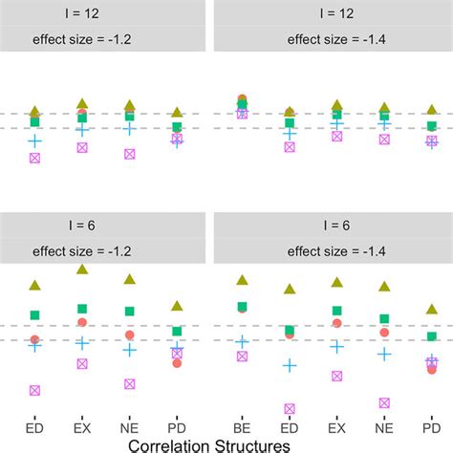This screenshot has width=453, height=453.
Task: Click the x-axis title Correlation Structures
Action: pos(226,443)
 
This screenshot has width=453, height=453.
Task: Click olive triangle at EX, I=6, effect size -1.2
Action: pos(82,270)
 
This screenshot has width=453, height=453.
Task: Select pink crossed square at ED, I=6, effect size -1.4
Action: pos(290,408)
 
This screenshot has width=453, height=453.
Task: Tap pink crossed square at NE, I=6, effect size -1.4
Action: pos(384,402)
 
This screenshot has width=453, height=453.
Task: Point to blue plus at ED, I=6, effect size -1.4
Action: pos(290,365)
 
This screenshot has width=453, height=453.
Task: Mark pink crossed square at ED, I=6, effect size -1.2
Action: pos(35,390)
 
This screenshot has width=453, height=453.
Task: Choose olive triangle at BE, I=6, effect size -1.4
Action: pos(242,279)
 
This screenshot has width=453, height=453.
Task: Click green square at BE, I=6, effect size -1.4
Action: pos(242,307)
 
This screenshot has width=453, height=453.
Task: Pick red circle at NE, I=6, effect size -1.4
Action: pos(384,332)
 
